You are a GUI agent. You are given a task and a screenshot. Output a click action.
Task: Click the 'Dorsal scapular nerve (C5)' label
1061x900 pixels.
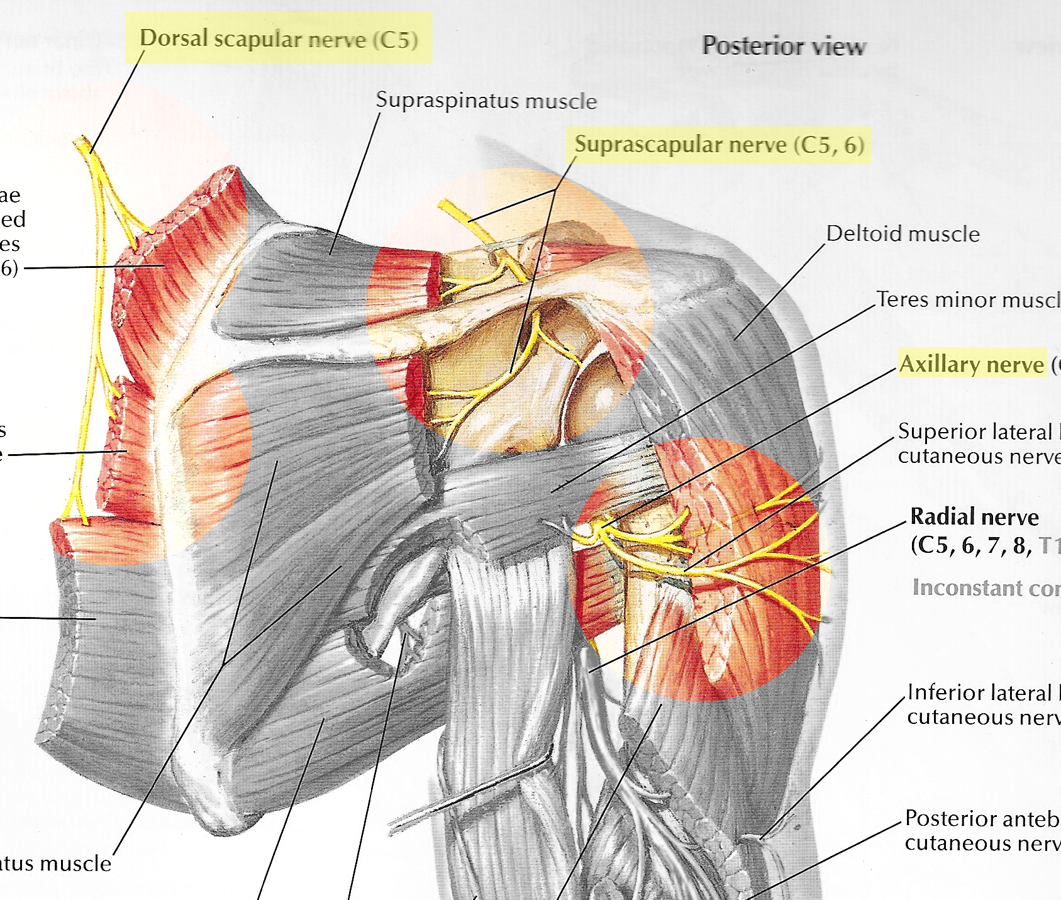coord(279,39)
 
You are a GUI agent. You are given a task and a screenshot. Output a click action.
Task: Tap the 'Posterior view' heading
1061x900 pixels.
coord(784,46)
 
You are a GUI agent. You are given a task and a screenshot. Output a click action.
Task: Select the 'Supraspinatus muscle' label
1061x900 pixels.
coord(486,101)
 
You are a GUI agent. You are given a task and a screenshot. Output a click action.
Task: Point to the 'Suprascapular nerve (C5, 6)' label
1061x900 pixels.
coord(719,145)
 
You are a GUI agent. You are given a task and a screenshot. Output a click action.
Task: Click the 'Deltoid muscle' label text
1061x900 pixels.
coord(903,234)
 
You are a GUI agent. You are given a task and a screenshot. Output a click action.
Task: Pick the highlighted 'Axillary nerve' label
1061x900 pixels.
coord(971,364)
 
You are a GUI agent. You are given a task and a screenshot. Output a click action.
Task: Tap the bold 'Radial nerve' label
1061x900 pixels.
coord(974,517)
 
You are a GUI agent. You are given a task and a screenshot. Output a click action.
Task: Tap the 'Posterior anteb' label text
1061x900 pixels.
coord(982,818)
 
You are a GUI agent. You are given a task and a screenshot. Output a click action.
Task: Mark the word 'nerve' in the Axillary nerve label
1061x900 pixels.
coord(1015,365)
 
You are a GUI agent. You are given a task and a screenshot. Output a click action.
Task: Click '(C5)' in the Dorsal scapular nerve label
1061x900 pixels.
coord(395,40)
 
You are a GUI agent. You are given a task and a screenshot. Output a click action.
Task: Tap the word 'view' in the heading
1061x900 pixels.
coord(837,47)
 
